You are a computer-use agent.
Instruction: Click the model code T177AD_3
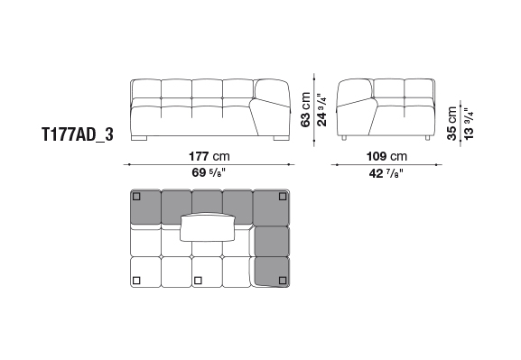[x=78, y=134]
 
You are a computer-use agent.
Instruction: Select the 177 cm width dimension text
[x=209, y=156]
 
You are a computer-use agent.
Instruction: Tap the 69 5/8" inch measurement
[x=209, y=172]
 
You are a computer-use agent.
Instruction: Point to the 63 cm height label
[x=306, y=109]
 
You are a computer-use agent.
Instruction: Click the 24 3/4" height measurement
[x=321, y=109]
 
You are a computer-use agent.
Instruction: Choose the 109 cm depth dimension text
[x=386, y=156]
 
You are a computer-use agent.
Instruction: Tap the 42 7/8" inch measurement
[x=386, y=173]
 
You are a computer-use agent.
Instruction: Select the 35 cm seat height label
[x=451, y=124]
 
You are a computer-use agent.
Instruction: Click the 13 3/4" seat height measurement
[x=468, y=124]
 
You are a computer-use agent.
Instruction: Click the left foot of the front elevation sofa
[x=139, y=138]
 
